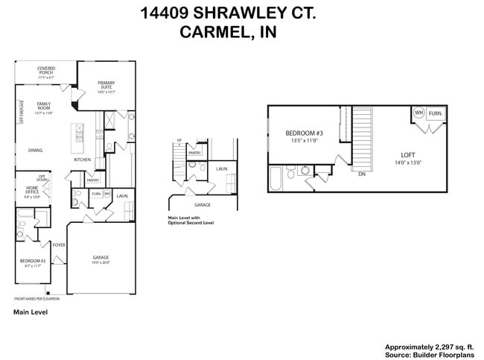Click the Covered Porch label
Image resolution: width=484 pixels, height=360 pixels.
(x=46, y=71)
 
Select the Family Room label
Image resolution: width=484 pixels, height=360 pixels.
(x=45, y=107)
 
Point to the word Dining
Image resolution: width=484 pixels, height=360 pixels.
(x=35, y=150)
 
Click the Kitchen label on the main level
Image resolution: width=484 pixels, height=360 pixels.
(x=82, y=160)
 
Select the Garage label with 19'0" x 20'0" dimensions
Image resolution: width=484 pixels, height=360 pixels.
(x=101, y=259)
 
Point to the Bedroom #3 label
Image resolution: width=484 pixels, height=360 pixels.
(x=302, y=136)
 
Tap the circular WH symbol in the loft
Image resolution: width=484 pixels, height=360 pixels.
(x=418, y=113)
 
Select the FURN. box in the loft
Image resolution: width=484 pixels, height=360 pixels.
(x=436, y=113)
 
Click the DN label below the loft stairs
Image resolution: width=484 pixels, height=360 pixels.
(x=361, y=174)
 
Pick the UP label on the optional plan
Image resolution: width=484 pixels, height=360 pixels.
(x=179, y=140)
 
